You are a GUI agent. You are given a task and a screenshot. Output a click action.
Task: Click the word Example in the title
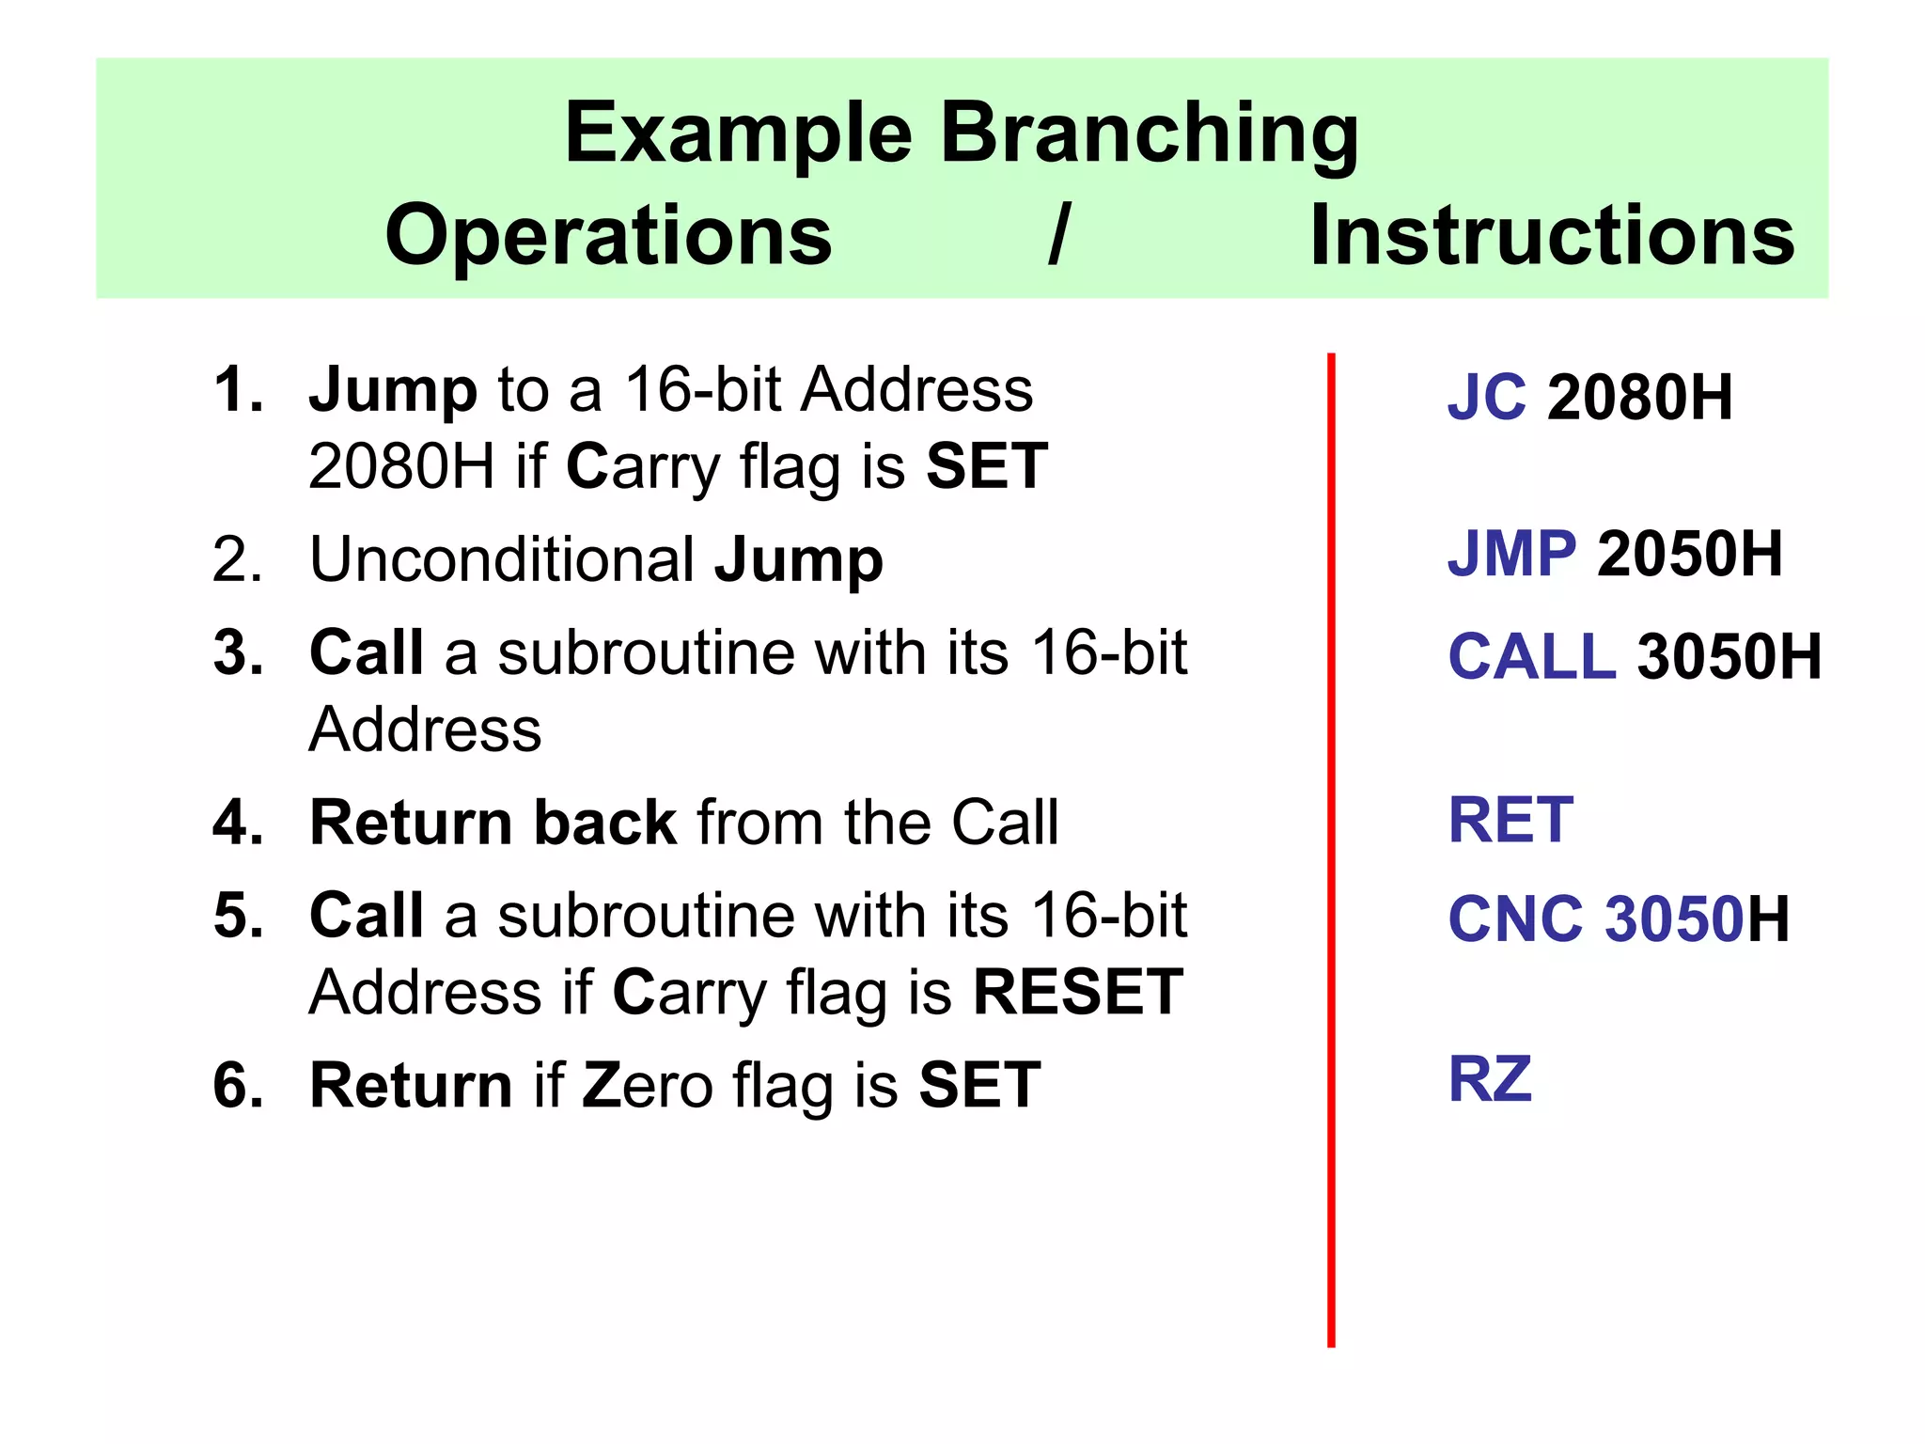[738, 133]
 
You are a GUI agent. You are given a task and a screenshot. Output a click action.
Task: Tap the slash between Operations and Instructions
[1060, 235]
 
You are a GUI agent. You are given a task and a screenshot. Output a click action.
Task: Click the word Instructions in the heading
[1552, 235]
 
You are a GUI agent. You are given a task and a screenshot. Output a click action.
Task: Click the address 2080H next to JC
[1640, 397]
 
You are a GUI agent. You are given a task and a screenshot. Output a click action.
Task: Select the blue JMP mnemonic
[1511, 554]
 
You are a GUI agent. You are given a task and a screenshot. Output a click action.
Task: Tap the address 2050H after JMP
[1690, 554]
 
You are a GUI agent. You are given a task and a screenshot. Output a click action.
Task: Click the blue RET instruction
[1510, 820]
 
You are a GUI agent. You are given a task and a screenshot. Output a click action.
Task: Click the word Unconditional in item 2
[502, 559]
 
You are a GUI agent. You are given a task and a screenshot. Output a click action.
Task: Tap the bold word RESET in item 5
[1078, 992]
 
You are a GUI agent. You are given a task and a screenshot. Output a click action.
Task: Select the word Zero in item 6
[648, 1085]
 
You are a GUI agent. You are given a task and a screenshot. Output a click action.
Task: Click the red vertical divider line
[1331, 846]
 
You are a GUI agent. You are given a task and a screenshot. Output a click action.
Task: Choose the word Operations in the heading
[608, 235]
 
